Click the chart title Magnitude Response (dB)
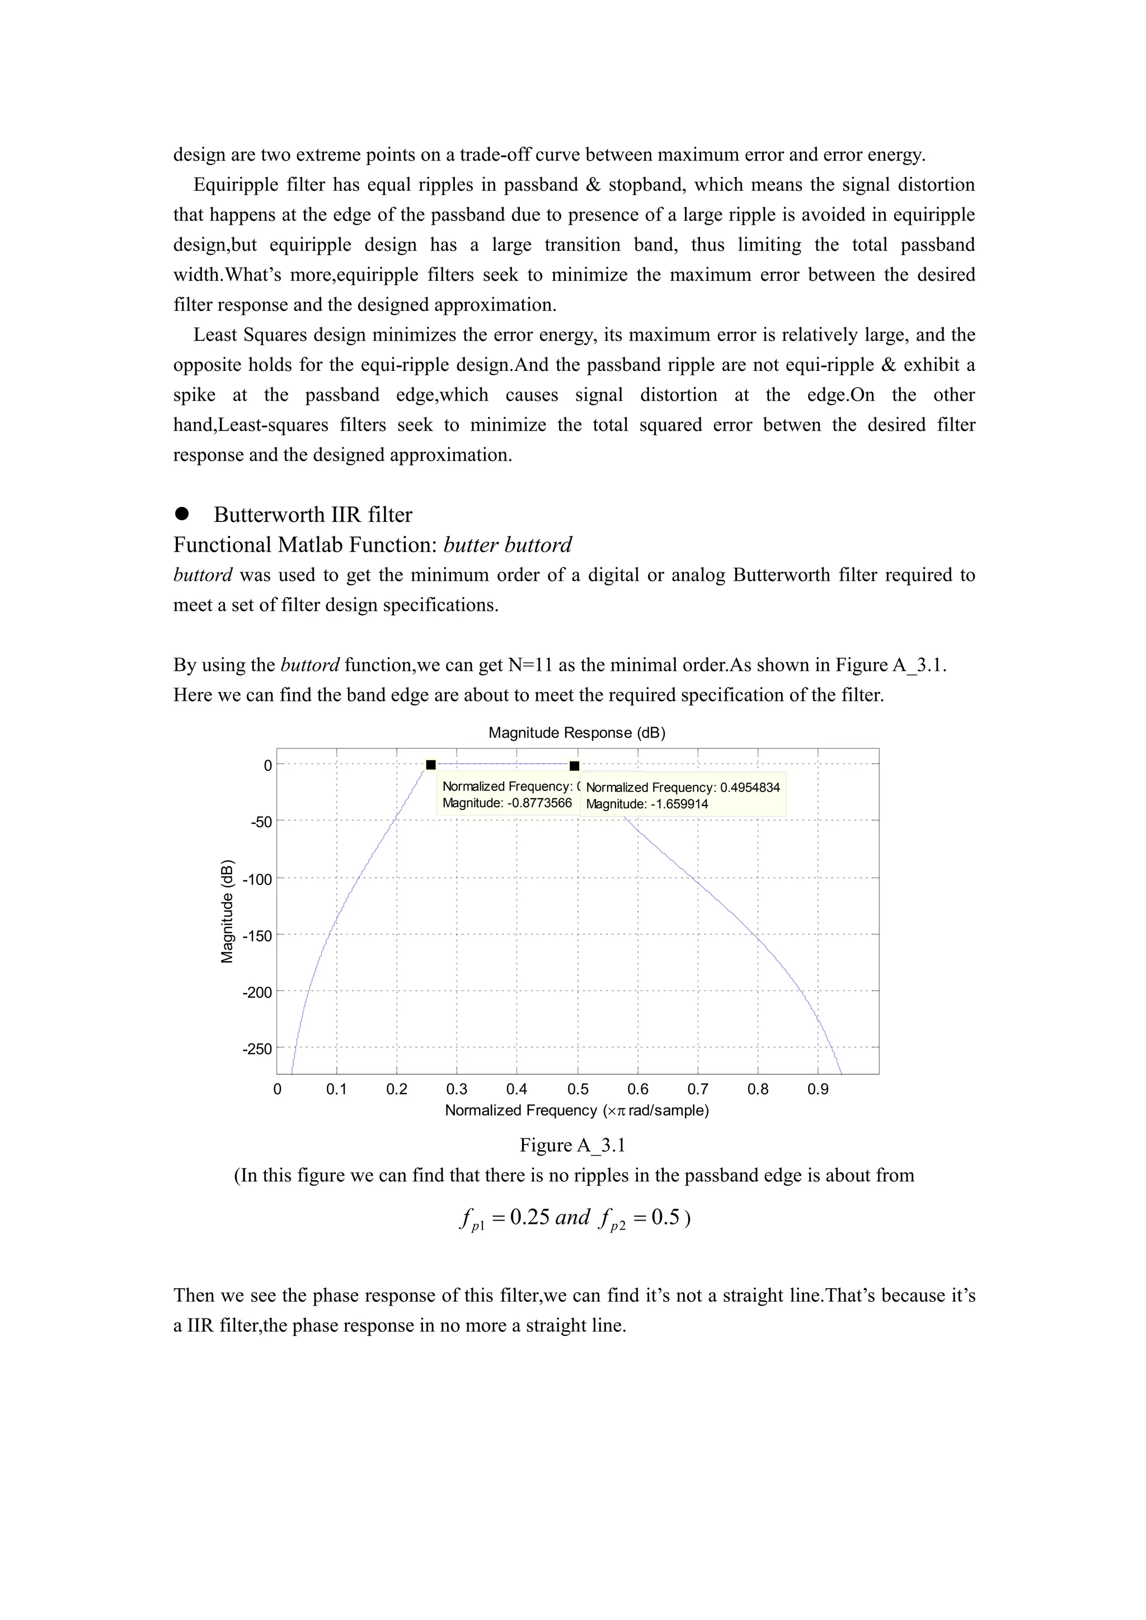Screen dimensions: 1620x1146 576,732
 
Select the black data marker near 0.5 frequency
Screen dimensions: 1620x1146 575,766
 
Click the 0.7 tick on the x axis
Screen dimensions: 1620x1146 698,1089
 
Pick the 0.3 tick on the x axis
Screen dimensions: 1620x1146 457,1089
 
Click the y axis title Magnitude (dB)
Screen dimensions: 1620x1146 227,911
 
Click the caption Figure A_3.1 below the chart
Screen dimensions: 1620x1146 572,1145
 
